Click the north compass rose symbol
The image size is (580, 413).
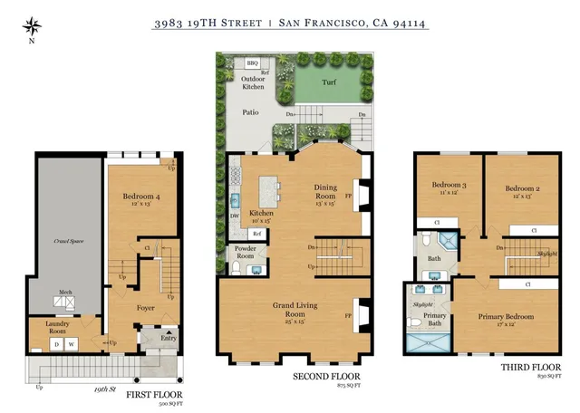(32, 26)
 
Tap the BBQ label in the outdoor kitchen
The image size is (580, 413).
(253, 62)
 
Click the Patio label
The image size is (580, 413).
(250, 112)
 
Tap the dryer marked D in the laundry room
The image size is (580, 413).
(56, 344)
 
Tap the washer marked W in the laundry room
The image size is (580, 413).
(72, 344)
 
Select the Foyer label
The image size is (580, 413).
(146, 308)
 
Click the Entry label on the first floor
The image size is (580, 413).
(168, 338)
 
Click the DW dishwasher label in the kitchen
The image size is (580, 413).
(235, 216)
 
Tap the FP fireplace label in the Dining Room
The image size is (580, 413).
(350, 194)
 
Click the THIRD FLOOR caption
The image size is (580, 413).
(524, 368)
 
